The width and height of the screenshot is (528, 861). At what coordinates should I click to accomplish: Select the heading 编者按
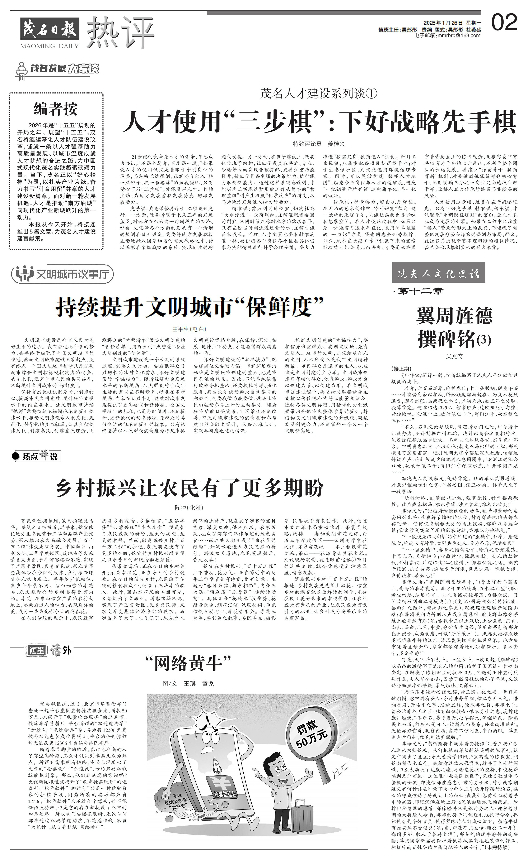click(x=56, y=109)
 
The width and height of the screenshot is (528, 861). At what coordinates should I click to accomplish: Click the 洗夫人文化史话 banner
click(x=438, y=274)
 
